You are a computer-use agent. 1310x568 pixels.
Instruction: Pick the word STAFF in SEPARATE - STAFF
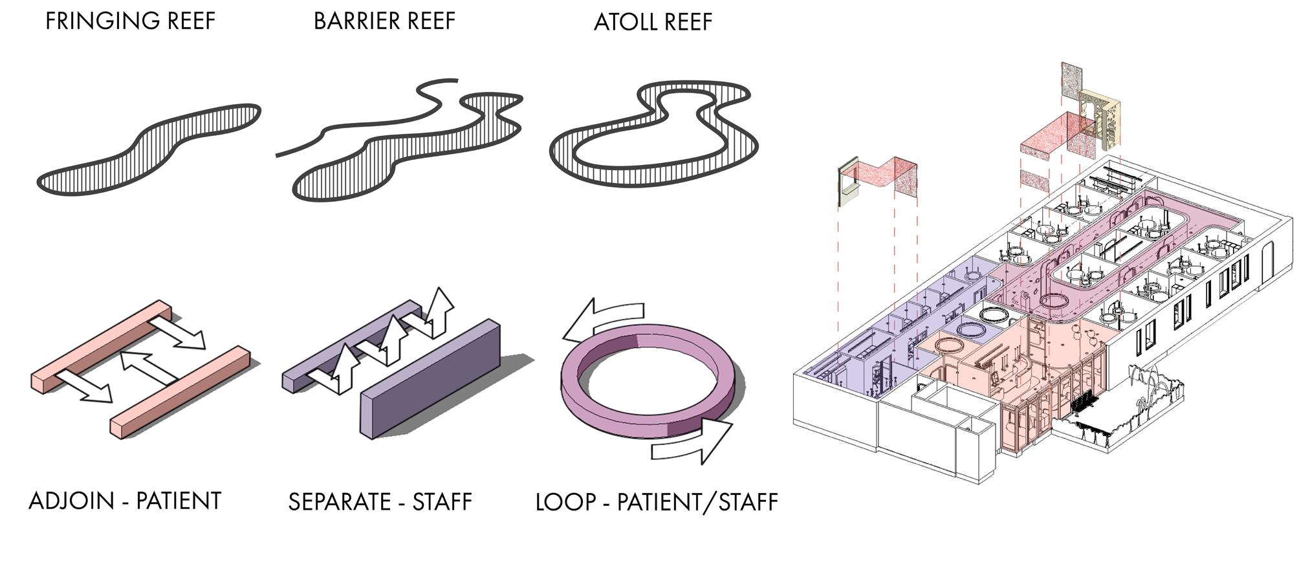tap(442, 502)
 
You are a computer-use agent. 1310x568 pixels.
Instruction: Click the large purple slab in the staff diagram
tap(430, 382)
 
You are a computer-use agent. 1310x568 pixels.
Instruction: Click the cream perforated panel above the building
tap(1100, 120)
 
